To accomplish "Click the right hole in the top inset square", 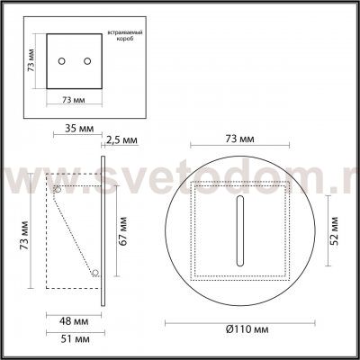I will point(87,60).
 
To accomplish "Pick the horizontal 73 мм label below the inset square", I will point(74,102).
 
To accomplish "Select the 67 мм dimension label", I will point(121,235).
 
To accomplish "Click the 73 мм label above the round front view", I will point(238,140).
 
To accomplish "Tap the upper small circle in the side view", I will point(58,190).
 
